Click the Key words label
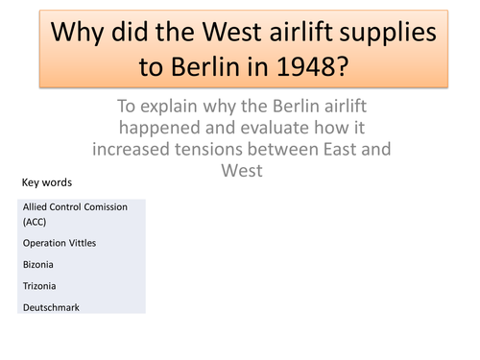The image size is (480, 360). pos(46,182)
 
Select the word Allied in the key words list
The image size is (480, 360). pos(36,207)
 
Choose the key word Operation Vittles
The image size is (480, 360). pos(59,243)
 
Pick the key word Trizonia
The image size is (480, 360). pos(39,285)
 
